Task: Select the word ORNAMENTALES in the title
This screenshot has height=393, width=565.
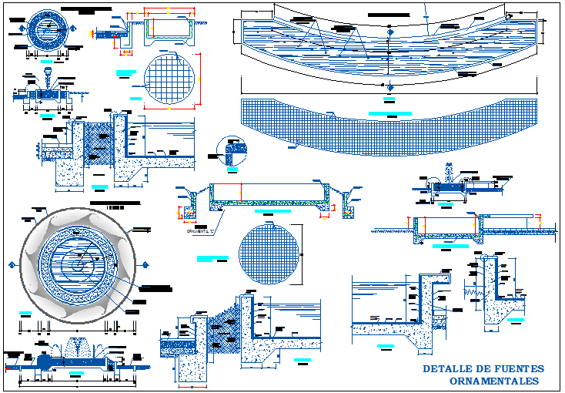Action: point(493,381)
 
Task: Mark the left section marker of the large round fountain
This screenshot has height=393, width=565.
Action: point(14,265)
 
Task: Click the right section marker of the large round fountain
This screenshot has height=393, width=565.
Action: point(142,265)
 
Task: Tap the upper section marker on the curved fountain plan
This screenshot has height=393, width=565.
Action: point(425,9)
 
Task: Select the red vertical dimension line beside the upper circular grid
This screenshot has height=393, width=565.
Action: point(201,79)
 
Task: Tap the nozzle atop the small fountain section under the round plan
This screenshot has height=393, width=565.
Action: point(47,76)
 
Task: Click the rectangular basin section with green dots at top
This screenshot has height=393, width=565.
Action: point(169,29)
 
